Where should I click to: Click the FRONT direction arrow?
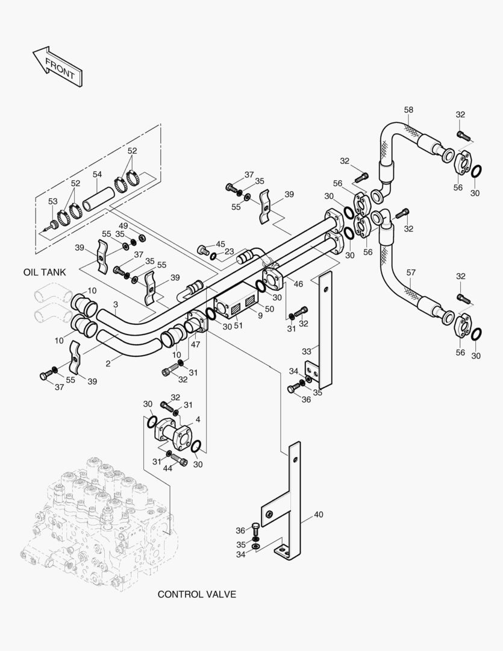coord(58,66)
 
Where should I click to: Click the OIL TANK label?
coord(45,272)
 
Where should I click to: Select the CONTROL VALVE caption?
coord(196,594)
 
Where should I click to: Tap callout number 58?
coord(408,110)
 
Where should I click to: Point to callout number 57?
coord(410,272)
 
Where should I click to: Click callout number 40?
coord(318,515)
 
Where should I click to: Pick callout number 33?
coord(306,351)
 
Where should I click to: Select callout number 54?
coord(97,174)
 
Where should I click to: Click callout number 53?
coord(52,201)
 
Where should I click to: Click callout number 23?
coord(230,252)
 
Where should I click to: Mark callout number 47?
coord(195,344)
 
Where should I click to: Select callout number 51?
coord(239,326)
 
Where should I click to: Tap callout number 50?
coord(269,309)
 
